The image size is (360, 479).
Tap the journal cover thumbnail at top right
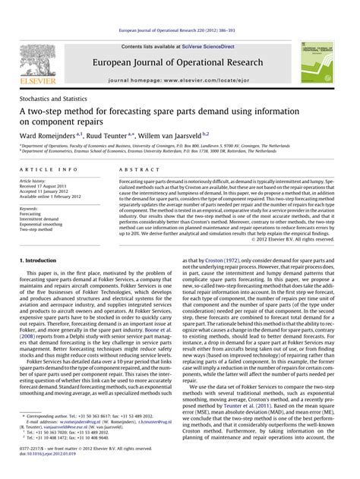pos(317,62)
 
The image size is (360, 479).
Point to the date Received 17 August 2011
pos(50,187)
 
